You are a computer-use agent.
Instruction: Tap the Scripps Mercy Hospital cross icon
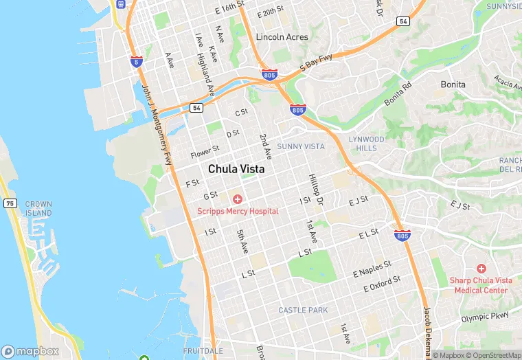(x=238, y=199)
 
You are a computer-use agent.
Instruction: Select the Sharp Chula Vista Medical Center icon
(x=481, y=268)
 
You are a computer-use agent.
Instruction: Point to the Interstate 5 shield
(x=137, y=61)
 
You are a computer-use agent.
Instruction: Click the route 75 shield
(x=10, y=203)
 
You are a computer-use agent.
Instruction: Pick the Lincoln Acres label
(x=281, y=36)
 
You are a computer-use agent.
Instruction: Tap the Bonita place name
(x=453, y=85)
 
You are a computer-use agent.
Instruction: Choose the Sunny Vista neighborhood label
(x=300, y=146)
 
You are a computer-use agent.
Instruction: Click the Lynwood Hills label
(x=367, y=144)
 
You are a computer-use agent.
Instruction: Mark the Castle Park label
(x=303, y=311)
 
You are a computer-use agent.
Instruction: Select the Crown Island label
(x=38, y=209)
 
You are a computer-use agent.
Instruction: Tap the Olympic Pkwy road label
(x=485, y=317)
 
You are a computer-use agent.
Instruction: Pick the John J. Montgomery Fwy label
(x=157, y=124)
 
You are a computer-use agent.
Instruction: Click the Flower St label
(x=205, y=149)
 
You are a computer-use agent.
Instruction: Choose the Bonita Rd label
(x=398, y=94)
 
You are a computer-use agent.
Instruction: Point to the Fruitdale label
(x=203, y=350)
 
